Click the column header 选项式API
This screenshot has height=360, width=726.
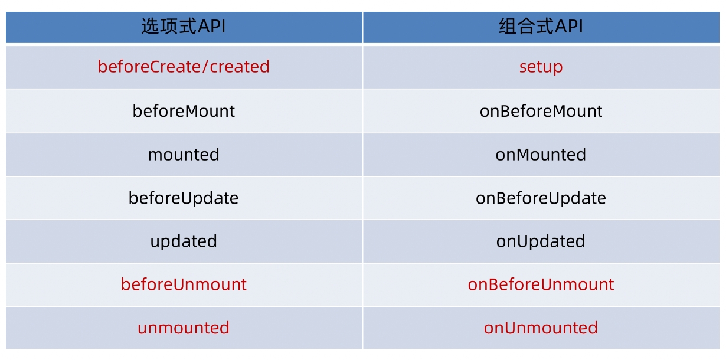coord(184,26)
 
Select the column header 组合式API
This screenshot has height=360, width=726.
coord(541,26)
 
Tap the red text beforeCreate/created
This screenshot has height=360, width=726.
coord(184,67)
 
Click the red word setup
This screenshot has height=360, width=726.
coord(541,67)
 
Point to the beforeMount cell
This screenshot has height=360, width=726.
coord(184,111)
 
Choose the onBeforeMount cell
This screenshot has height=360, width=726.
coord(541,111)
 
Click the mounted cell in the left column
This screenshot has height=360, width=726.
coord(184,155)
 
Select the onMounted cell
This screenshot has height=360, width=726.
coord(541,155)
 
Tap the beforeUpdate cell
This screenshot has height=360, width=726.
coord(184,198)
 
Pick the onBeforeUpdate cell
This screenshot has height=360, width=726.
coord(541,198)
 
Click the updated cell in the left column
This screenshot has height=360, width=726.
coord(184,242)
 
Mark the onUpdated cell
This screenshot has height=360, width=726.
coord(541,242)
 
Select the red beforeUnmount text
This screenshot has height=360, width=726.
coord(184,284)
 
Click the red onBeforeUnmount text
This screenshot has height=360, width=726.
coord(541,284)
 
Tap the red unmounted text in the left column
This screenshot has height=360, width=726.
coord(184,328)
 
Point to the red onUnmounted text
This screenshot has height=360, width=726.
coord(541,328)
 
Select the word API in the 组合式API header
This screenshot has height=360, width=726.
coord(568,26)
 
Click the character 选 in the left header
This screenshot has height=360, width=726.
coord(150,26)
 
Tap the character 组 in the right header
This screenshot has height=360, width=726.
coord(508,26)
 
